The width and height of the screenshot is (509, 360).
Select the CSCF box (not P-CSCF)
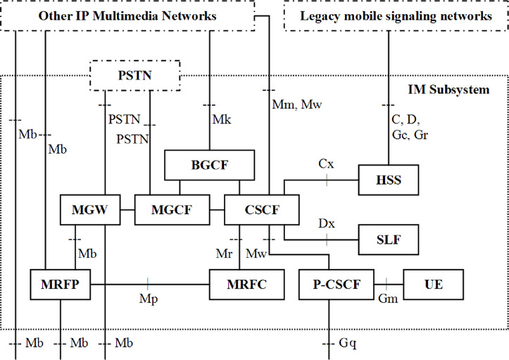click(x=262, y=209)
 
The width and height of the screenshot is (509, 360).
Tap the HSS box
click(x=389, y=180)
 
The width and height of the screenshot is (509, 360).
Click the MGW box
click(x=89, y=209)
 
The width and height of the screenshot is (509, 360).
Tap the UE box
click(x=433, y=285)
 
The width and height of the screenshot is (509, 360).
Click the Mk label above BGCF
click(x=221, y=120)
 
